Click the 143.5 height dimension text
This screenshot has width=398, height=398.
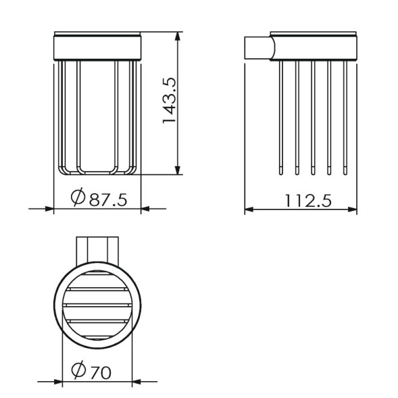[x=170, y=101]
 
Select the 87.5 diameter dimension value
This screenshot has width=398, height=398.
[x=108, y=200]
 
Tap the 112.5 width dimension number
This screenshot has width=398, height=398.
[x=309, y=201]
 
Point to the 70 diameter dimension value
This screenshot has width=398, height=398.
[x=101, y=372]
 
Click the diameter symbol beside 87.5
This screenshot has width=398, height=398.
[x=78, y=197]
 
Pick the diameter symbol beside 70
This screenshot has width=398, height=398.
[x=78, y=370]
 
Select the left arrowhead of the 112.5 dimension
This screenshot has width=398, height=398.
[x=249, y=209]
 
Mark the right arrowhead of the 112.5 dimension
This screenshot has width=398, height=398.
[x=352, y=209]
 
